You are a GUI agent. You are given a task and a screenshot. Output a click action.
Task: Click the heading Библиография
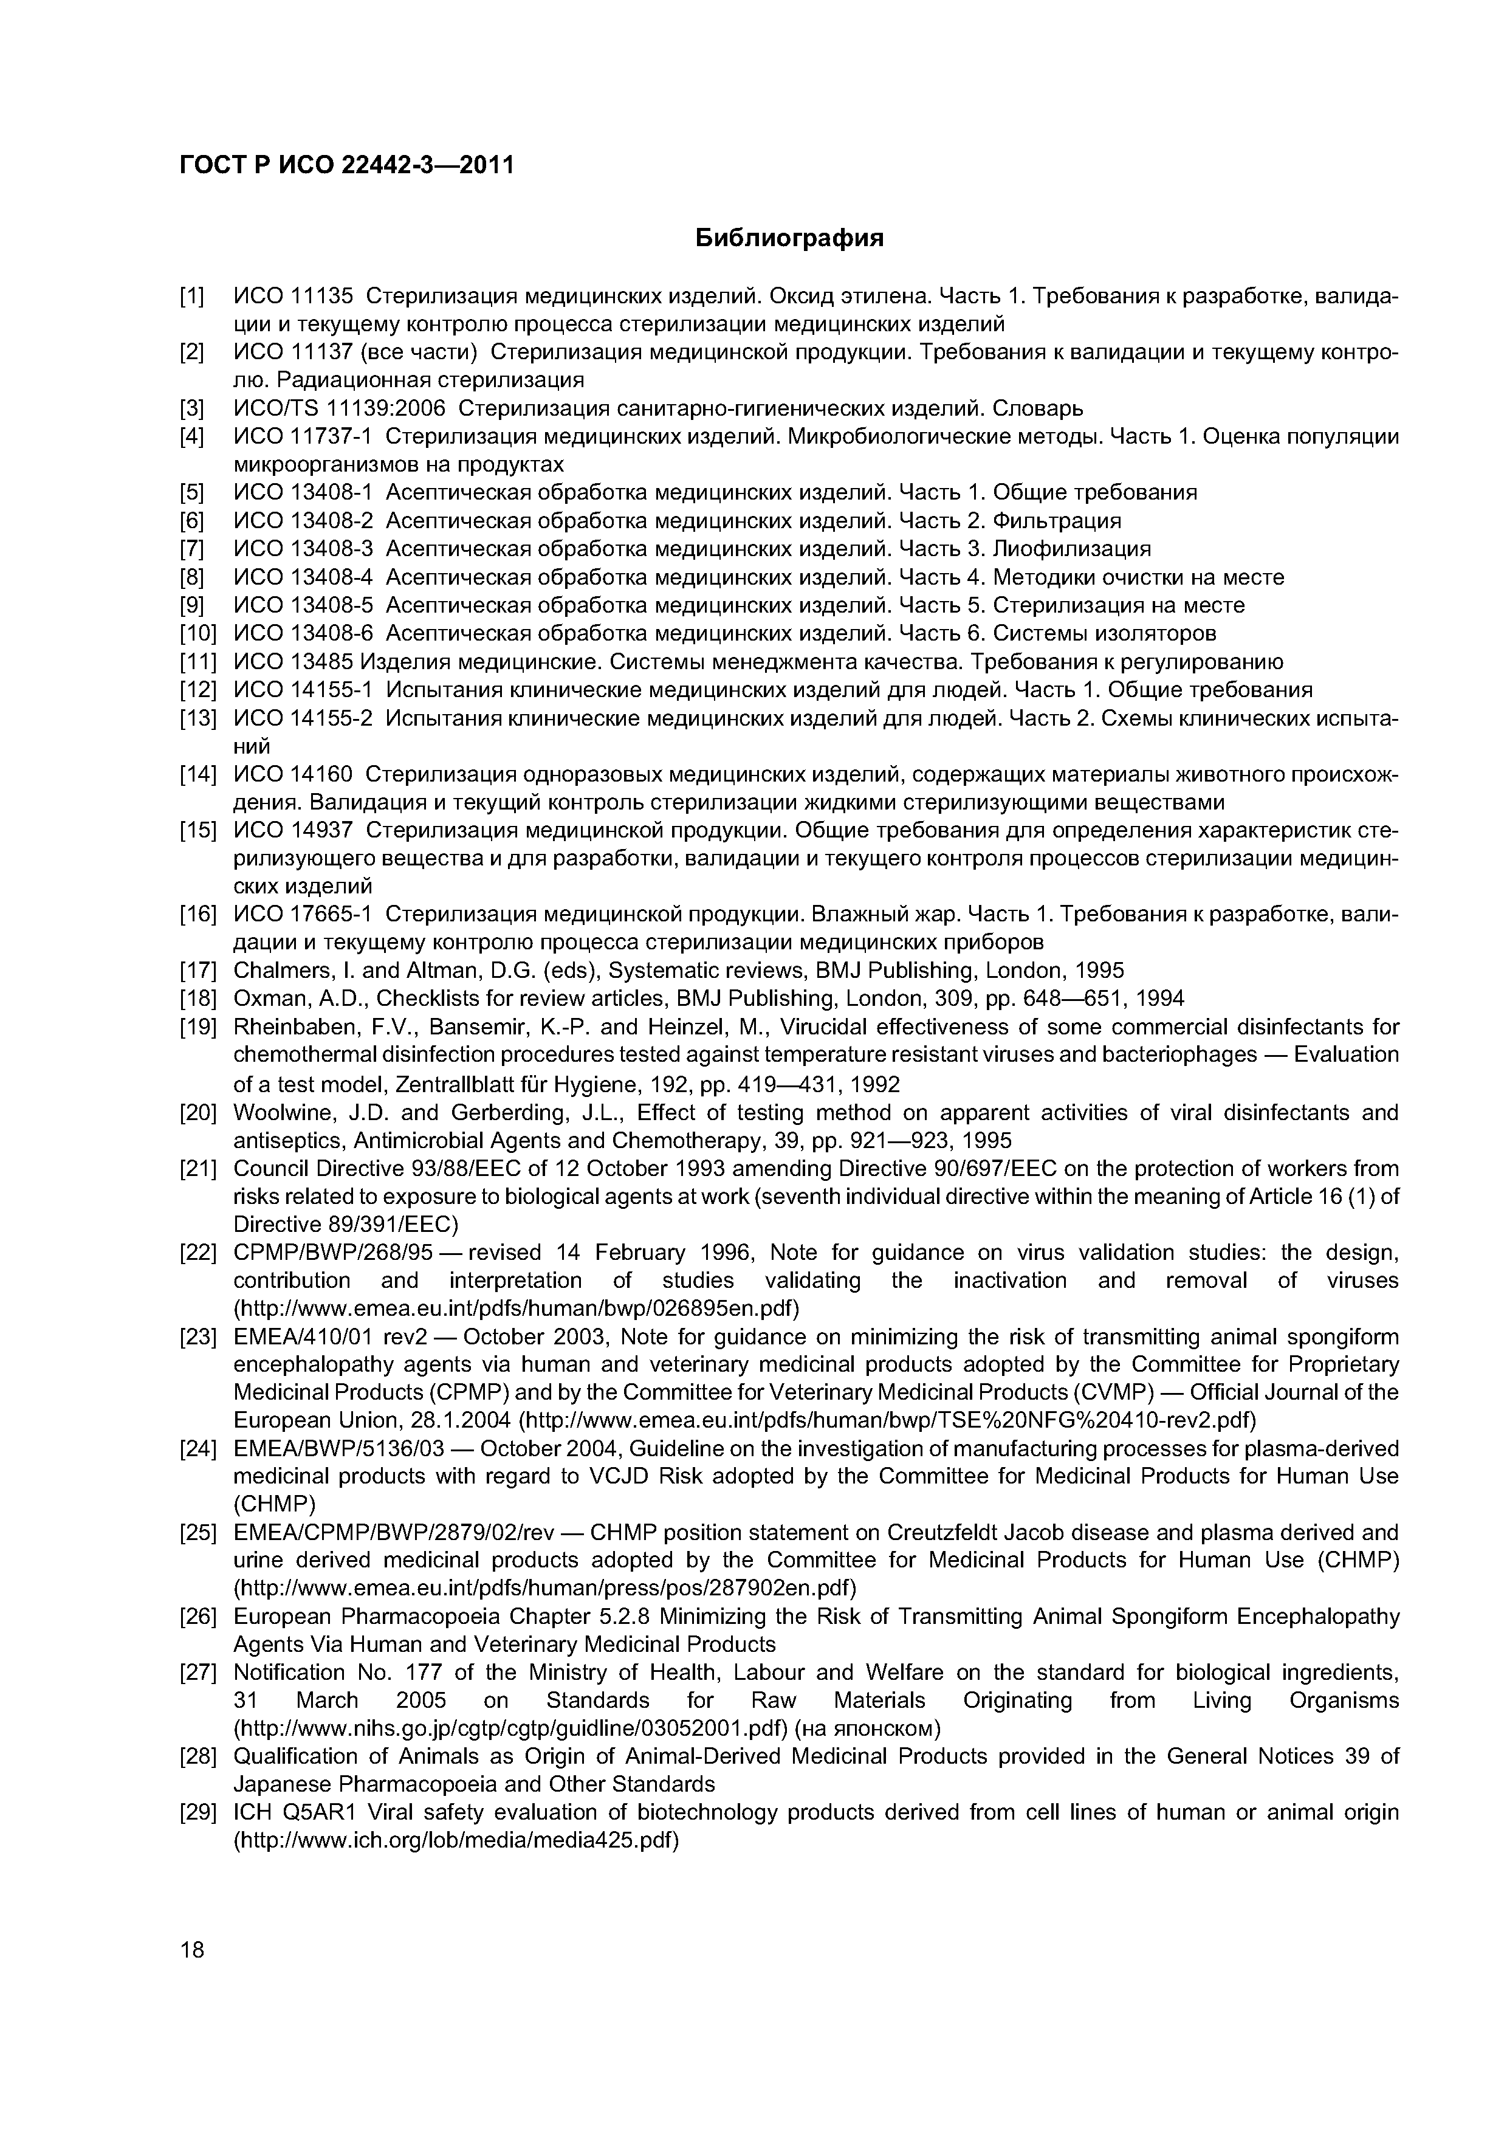point(789,239)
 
